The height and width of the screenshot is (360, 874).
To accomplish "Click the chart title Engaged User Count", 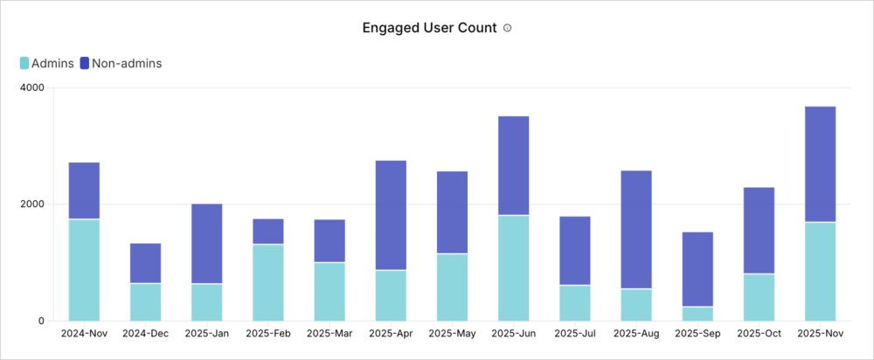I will (x=430, y=28).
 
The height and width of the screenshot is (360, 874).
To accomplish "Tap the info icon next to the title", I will (x=507, y=28).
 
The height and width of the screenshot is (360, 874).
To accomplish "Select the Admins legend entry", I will (x=47, y=63).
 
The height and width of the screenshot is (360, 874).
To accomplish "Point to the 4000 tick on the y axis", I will (x=32, y=88).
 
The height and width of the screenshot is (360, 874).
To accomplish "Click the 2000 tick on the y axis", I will (x=32, y=204).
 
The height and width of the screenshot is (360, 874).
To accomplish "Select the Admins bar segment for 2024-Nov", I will (x=84, y=269).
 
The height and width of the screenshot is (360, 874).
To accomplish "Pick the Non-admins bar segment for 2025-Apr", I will (x=391, y=215).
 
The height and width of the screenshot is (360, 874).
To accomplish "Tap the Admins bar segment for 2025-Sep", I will (x=697, y=313).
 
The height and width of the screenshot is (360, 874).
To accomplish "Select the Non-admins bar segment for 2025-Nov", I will (x=820, y=164).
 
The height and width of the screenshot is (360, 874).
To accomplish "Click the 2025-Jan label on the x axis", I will (x=206, y=334).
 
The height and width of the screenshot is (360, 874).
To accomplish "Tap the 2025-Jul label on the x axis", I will (x=574, y=334).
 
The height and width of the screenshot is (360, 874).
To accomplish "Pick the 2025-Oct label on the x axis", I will (x=759, y=334).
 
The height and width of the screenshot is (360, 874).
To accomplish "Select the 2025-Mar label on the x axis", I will (x=329, y=334).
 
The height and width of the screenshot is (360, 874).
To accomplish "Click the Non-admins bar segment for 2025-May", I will (x=452, y=212).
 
